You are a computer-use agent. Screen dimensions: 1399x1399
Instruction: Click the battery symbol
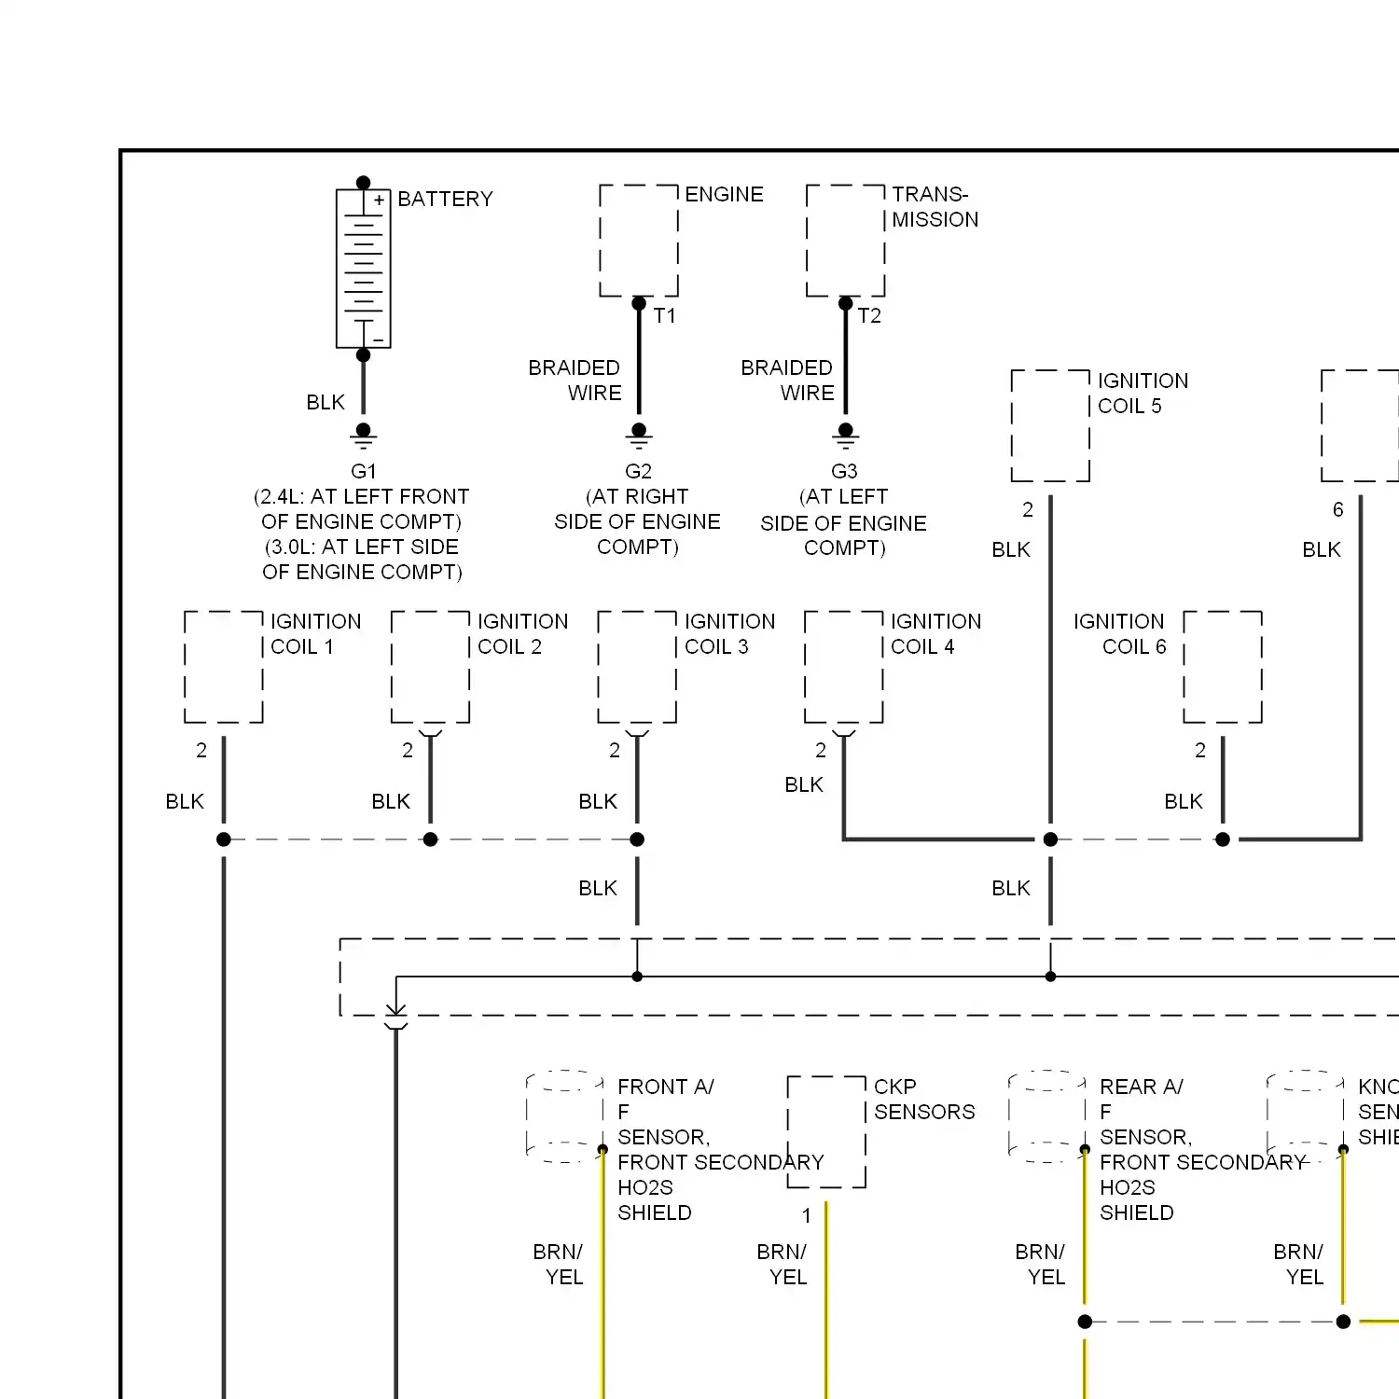pyautogui.click(x=364, y=269)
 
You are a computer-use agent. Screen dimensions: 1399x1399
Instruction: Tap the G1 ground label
pyautogui.click(x=364, y=471)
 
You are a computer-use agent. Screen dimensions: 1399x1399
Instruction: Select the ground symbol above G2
pyautogui.click(x=639, y=435)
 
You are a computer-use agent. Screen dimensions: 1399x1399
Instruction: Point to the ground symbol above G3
pyautogui.click(x=846, y=435)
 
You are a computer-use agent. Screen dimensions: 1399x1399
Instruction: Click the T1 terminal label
pyautogui.click(x=665, y=316)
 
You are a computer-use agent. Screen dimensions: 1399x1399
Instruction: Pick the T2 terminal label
pyautogui.click(x=869, y=316)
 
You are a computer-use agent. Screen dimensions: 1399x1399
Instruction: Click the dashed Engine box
pyautogui.click(x=639, y=241)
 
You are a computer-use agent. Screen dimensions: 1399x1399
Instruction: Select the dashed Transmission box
pyautogui.click(x=846, y=241)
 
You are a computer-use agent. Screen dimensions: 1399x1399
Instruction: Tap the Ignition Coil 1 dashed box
pyautogui.click(x=224, y=667)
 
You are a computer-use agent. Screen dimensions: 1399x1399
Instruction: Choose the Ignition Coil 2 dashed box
pyautogui.click(x=430, y=667)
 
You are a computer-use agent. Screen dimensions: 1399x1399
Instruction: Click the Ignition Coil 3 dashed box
pyautogui.click(x=637, y=667)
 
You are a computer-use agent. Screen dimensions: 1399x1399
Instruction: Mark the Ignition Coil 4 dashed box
pyautogui.click(x=844, y=667)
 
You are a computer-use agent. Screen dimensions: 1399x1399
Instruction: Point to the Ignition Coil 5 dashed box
pyautogui.click(x=1051, y=425)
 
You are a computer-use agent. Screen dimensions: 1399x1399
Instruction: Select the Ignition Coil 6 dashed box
pyautogui.click(x=1223, y=667)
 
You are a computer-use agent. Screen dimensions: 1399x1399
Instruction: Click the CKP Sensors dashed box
pyautogui.click(x=827, y=1131)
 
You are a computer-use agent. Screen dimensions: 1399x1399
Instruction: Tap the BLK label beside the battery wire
pyautogui.click(x=326, y=402)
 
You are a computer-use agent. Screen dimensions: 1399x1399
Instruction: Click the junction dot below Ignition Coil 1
pyautogui.click(x=224, y=839)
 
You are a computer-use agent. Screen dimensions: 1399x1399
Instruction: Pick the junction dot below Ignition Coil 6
pyautogui.click(x=1223, y=839)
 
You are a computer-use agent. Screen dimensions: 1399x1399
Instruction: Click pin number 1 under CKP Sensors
pyautogui.click(x=807, y=1215)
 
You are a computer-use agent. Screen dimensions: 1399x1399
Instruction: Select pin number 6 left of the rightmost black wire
pyautogui.click(x=1338, y=509)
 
